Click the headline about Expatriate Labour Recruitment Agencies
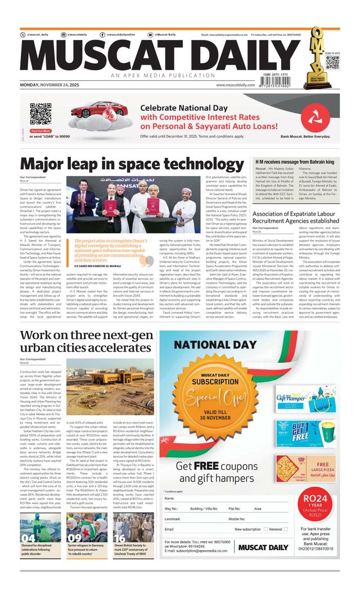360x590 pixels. coord(295,217)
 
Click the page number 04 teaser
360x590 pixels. coord(29,538)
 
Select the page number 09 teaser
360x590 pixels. coord(74,538)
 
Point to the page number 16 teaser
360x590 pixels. coord(120,538)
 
